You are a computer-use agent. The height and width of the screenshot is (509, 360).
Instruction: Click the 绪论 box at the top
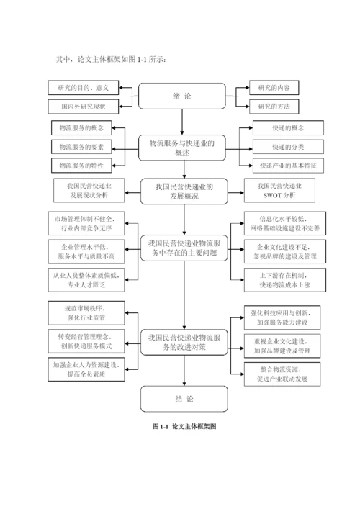(181, 96)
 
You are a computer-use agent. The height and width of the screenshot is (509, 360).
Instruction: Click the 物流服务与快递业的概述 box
(181, 148)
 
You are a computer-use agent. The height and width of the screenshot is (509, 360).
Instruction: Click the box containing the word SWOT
(279, 190)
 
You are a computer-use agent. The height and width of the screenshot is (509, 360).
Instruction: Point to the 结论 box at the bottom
(181, 398)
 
